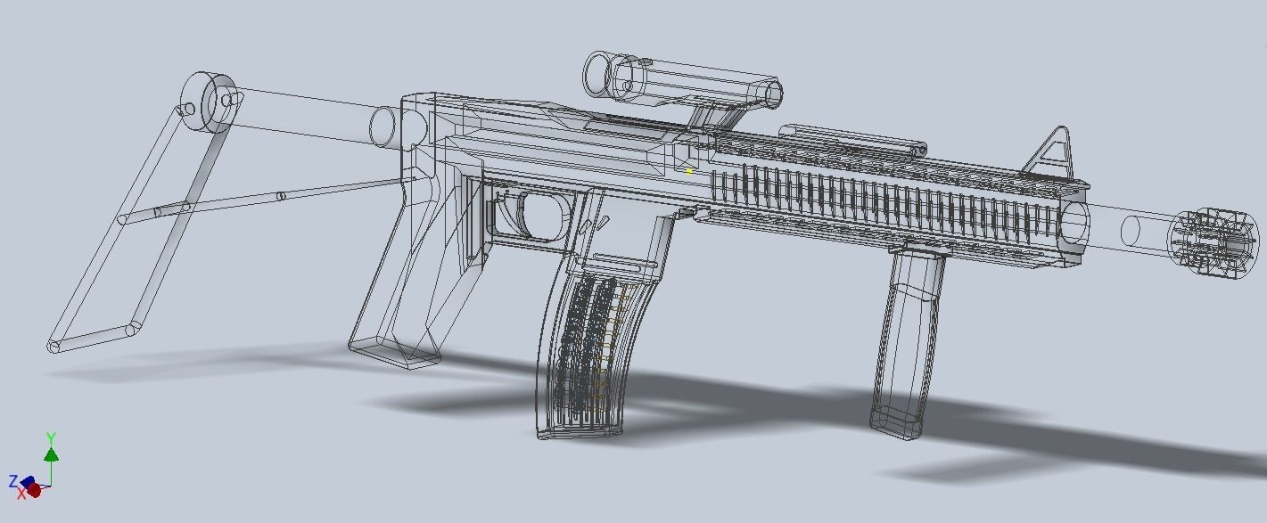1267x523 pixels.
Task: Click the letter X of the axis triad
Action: pos(21,494)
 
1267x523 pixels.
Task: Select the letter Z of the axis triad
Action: pos(12,482)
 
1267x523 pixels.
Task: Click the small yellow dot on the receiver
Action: pos(689,171)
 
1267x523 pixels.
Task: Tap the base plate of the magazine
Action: pos(580,432)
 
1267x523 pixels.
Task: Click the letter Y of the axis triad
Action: pos(52,438)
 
